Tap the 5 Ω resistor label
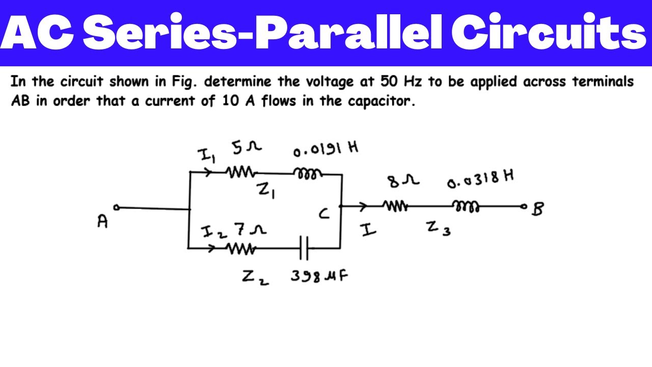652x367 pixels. click(247, 148)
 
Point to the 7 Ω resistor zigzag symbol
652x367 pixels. click(241, 249)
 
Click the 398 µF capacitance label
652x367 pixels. click(319, 276)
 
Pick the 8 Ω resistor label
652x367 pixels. click(403, 181)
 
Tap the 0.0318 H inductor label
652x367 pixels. click(480, 179)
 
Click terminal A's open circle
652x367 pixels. click(117, 207)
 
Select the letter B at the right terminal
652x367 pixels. click(537, 209)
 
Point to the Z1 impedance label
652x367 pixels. click(266, 191)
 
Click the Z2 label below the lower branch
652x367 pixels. click(255, 277)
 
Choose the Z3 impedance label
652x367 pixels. click(439, 228)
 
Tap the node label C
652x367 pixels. click(324, 214)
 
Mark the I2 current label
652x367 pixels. click(213, 232)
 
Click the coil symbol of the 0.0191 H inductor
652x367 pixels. click(307, 174)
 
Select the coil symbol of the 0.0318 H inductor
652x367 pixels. click(466, 206)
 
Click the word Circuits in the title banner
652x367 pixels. click(549, 32)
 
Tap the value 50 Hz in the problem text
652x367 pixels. click(401, 82)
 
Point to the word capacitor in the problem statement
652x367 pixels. click(382, 101)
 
